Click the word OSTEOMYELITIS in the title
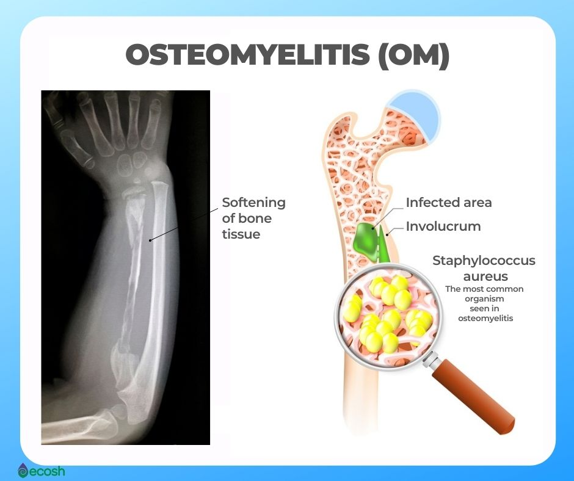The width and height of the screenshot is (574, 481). pyautogui.click(x=247, y=54)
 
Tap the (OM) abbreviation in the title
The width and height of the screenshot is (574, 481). pyautogui.click(x=413, y=55)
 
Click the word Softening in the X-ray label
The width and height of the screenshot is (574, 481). pyautogui.click(x=253, y=203)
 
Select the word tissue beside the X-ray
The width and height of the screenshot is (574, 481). pyautogui.click(x=241, y=234)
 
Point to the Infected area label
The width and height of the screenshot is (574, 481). pyautogui.click(x=449, y=203)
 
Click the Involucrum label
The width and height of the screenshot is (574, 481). pyautogui.click(x=443, y=226)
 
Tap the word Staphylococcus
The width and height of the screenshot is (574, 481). pyautogui.click(x=484, y=261)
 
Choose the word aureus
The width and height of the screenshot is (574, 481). pyautogui.click(x=485, y=277)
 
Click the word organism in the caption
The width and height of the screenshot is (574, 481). pyautogui.click(x=484, y=299)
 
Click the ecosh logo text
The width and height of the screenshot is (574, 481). pyautogui.click(x=46, y=471)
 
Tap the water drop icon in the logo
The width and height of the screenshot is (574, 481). pyautogui.click(x=23, y=471)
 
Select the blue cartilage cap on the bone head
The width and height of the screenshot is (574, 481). pyautogui.click(x=417, y=114)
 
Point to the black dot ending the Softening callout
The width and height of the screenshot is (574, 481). pyautogui.click(x=150, y=240)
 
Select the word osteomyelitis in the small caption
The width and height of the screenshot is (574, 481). pyautogui.click(x=485, y=319)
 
